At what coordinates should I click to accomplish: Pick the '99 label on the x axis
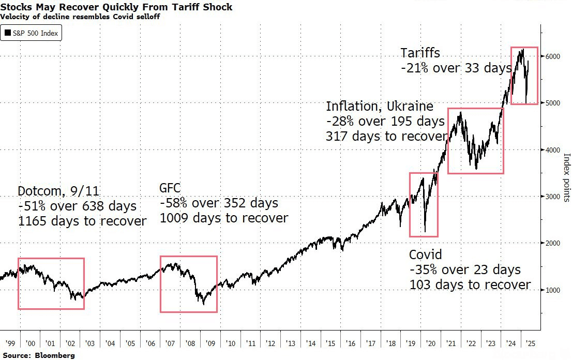[x=9, y=343]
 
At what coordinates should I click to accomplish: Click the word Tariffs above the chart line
[x=420, y=53]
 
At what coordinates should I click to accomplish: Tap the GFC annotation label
[x=170, y=188]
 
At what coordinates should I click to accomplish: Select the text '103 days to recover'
[x=470, y=284]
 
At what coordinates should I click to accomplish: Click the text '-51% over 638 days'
[x=77, y=206]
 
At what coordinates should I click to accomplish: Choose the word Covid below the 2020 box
[x=426, y=255]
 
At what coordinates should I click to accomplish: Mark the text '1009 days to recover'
[x=223, y=218]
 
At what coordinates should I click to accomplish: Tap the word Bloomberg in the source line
[x=55, y=355]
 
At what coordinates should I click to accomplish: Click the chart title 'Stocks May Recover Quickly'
[x=116, y=7]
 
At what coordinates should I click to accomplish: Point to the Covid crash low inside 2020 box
[x=425, y=231]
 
